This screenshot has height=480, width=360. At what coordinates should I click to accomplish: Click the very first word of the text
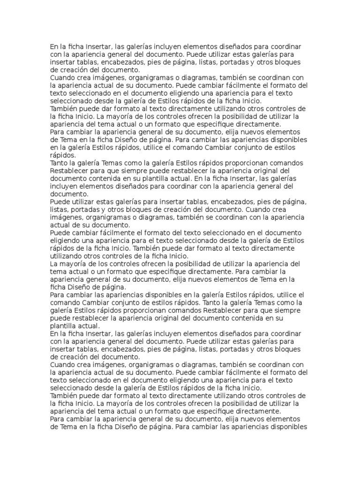(54, 47)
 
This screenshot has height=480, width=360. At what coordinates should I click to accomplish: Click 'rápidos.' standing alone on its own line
(63, 155)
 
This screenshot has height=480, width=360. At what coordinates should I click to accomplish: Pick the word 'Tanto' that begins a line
(60, 163)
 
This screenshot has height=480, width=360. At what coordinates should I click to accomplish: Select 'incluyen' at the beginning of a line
(63, 186)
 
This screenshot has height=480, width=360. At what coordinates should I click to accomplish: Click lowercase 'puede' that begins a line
(60, 318)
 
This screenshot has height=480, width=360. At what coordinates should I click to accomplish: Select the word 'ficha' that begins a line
(58, 286)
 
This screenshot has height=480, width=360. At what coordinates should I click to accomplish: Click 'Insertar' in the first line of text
(97, 47)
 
